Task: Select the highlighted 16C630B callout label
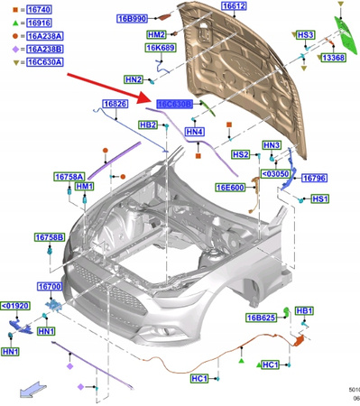[x=173, y=105]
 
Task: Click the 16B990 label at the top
[x=133, y=17]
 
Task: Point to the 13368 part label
[x=332, y=57]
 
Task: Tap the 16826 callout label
[x=115, y=105]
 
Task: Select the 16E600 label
[x=230, y=188]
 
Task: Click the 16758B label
[x=50, y=237]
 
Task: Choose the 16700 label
[x=49, y=286]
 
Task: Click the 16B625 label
[x=260, y=318]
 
